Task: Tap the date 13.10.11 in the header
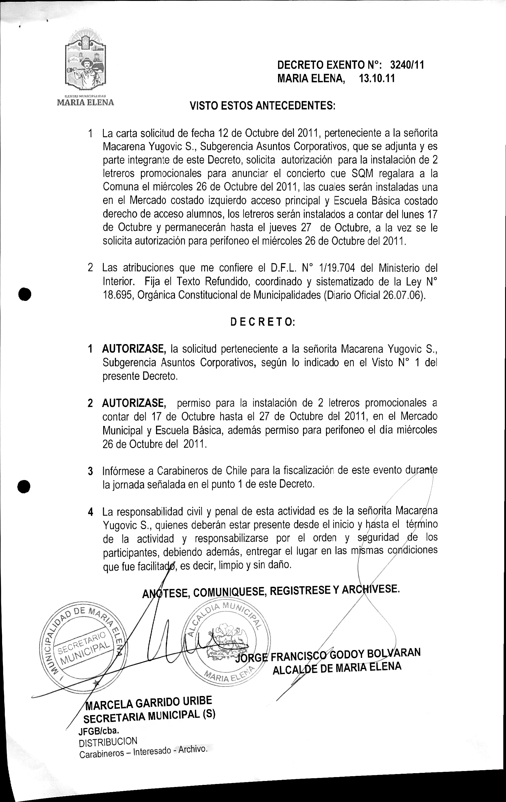click(377, 79)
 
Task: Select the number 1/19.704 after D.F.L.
click(337, 268)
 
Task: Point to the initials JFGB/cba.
click(99, 730)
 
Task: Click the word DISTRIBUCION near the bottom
click(108, 740)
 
